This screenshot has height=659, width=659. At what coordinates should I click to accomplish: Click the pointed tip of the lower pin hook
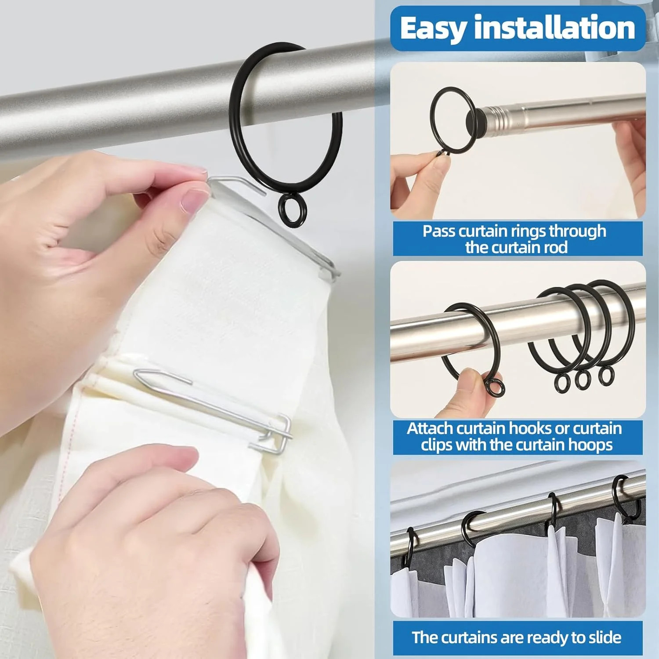136,374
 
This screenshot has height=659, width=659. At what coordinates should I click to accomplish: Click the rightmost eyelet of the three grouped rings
606,375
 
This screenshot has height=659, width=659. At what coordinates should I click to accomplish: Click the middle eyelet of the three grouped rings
583,379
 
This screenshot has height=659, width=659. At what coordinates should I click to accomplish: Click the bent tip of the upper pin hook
264,192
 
